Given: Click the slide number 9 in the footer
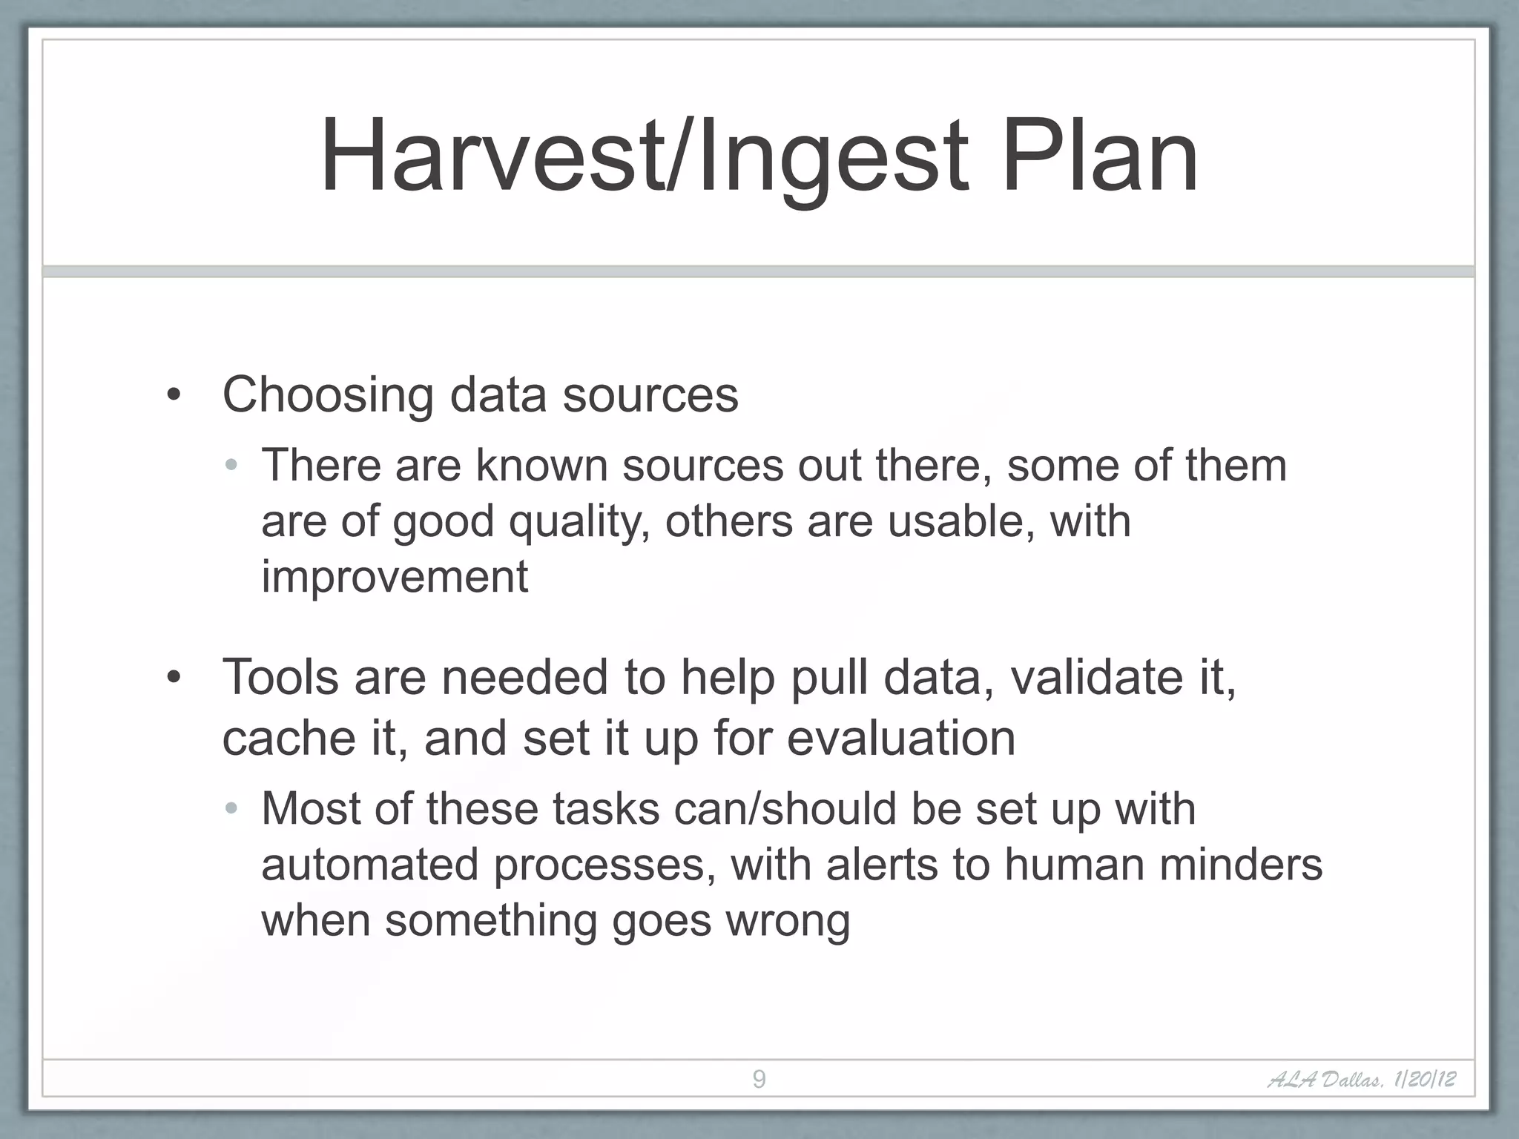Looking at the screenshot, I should pyautogui.click(x=759, y=1079).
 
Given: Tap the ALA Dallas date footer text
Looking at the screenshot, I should pyautogui.click(x=1361, y=1079).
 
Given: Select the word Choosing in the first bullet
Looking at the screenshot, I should pyautogui.click(x=328, y=395).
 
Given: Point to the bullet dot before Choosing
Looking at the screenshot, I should pyautogui.click(x=174, y=395).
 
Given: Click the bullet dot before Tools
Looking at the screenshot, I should pyautogui.click(x=174, y=678).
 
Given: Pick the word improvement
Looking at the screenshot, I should pyautogui.click(x=395, y=577).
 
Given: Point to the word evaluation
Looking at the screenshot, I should pyautogui.click(x=900, y=739).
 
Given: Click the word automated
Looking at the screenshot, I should pyautogui.click(x=369, y=865).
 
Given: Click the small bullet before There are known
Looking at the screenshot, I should pyautogui.click(x=231, y=466).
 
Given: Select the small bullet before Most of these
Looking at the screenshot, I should pyautogui.click(x=231, y=809).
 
